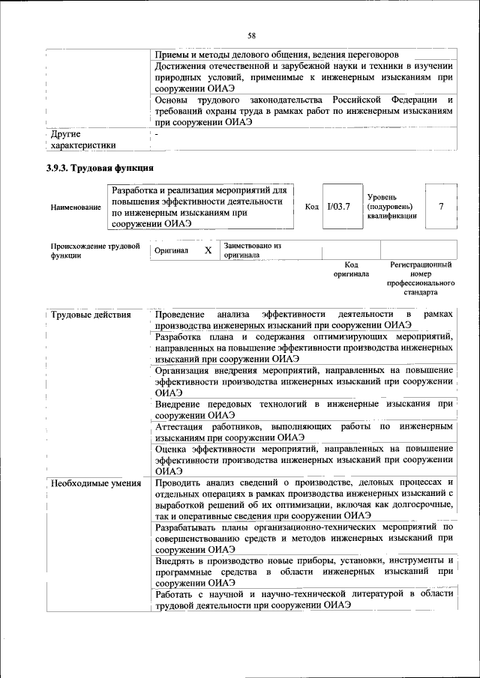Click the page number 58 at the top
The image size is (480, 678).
point(252,36)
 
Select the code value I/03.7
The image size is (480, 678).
point(339,206)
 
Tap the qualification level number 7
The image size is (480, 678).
point(440,206)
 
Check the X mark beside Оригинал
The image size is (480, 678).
point(208,251)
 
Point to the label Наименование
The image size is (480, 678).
point(76,207)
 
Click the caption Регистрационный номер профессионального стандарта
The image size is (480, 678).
point(421,279)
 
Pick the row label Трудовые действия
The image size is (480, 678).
point(81,314)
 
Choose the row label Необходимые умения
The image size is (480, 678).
point(95,482)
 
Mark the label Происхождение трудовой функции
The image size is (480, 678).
point(94,250)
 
